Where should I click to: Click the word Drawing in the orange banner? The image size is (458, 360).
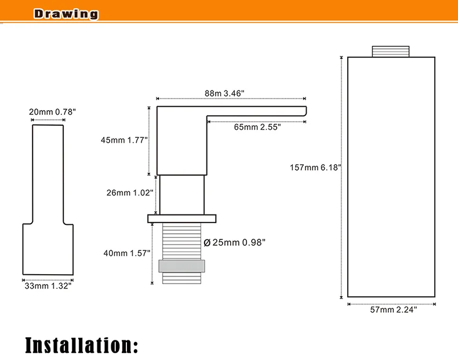[x=66, y=14]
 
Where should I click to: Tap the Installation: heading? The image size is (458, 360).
[x=82, y=346]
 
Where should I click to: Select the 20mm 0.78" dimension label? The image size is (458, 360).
[x=52, y=112]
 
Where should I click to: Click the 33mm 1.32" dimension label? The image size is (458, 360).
[x=48, y=286]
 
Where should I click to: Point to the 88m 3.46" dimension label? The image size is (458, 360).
[x=224, y=93]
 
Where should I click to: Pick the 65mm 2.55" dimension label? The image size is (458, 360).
[x=257, y=127]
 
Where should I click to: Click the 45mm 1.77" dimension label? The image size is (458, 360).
[x=124, y=140]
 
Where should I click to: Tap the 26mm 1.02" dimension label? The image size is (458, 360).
[x=130, y=192]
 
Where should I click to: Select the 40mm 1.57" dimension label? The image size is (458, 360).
[x=127, y=253]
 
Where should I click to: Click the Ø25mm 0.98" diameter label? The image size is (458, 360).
[x=235, y=243]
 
